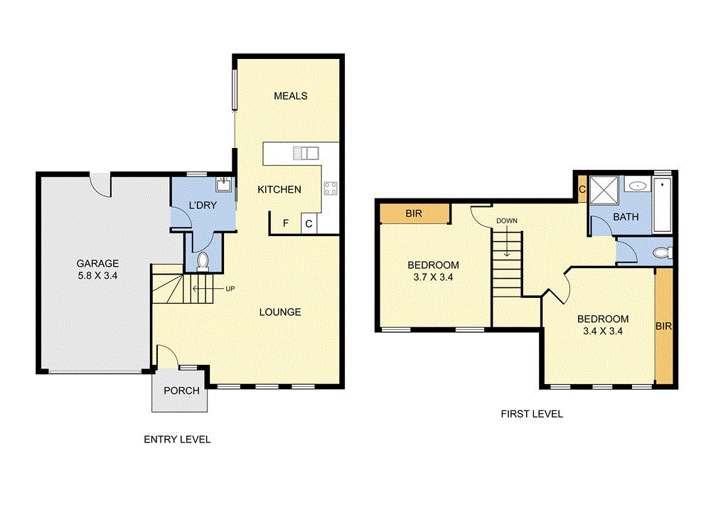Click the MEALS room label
click(x=290, y=95)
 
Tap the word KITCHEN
click(x=279, y=189)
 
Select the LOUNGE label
click(x=279, y=312)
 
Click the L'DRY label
click(x=202, y=206)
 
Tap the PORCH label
click(x=181, y=391)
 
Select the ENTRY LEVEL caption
click(x=177, y=440)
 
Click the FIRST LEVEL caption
click(x=532, y=413)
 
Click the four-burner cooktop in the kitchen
click(x=331, y=188)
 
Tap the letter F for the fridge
click(x=286, y=223)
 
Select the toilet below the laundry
click(x=203, y=261)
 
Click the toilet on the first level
click(x=661, y=253)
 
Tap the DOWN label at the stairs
click(x=507, y=221)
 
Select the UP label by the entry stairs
click(x=230, y=289)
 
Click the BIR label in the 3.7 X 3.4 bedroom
click(x=414, y=213)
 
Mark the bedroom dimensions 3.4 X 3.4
click(x=603, y=330)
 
